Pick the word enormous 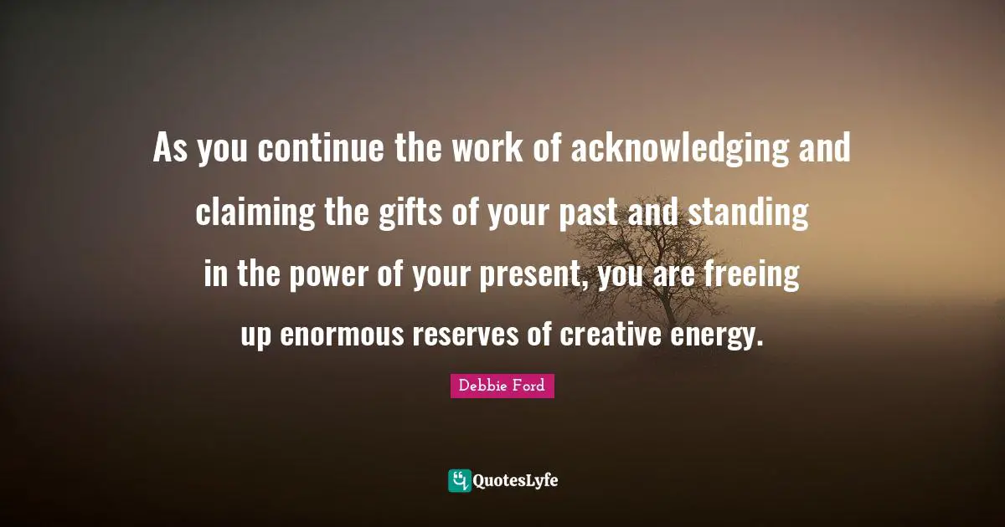[x=343, y=336]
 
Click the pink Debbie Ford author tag [x=502, y=386]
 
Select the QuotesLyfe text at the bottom [x=515, y=480]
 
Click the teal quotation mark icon [x=459, y=480]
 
